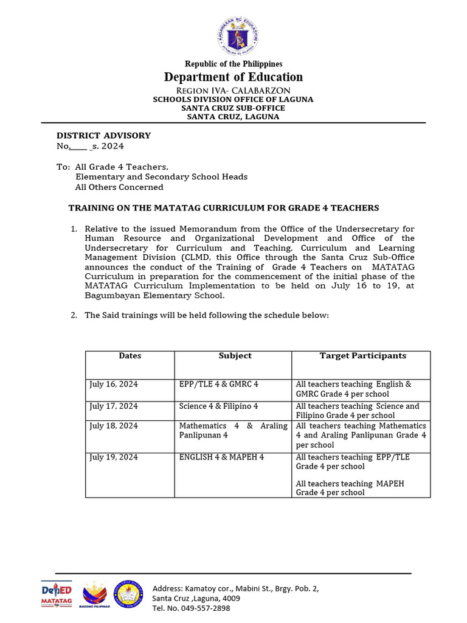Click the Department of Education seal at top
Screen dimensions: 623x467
click(237, 35)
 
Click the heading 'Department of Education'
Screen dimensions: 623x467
click(233, 77)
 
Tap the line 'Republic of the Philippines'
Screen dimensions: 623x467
click(233, 64)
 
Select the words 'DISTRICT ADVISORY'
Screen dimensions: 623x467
click(103, 136)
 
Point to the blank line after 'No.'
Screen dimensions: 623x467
click(78, 147)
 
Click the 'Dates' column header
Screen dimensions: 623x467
click(130, 356)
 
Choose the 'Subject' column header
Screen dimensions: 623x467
click(235, 356)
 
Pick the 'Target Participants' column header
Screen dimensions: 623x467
click(363, 356)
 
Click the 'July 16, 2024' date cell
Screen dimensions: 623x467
click(114, 385)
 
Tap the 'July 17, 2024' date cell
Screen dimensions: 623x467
click(114, 406)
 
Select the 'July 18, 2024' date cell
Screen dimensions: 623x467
click(114, 426)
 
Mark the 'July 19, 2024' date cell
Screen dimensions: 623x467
click(114, 457)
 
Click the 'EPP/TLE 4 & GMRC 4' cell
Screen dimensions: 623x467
click(219, 385)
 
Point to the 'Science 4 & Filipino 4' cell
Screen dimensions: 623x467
click(219, 406)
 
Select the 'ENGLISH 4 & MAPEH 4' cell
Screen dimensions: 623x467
click(222, 457)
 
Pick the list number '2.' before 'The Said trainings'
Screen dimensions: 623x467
click(74, 315)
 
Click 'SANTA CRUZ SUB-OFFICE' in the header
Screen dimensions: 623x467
click(233, 108)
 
